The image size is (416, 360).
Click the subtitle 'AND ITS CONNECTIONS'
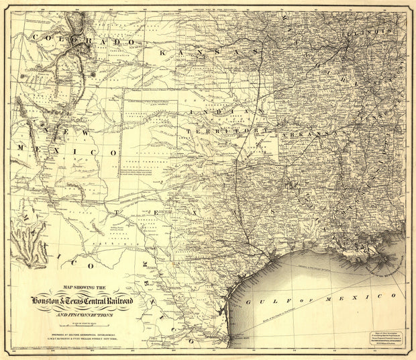click(x=85, y=314)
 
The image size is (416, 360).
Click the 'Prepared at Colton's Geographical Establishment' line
click(x=85, y=332)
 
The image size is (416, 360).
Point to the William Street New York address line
click(x=85, y=338)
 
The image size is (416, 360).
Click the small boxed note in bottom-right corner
click(x=385, y=341)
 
